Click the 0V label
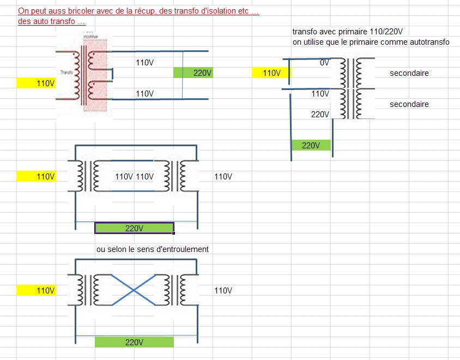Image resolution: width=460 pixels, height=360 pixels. (x=324, y=63)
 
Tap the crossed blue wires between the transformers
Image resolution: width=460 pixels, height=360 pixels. (x=134, y=286)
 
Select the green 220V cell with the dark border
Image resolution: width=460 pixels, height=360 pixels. (x=134, y=228)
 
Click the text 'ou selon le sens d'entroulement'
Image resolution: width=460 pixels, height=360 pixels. (x=153, y=249)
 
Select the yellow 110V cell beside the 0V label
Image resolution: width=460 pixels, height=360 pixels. (x=271, y=73)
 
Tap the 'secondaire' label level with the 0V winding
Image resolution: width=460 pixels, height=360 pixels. (x=409, y=73)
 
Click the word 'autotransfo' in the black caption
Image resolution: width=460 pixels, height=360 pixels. (x=429, y=42)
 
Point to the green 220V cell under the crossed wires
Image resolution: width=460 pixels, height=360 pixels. (x=134, y=343)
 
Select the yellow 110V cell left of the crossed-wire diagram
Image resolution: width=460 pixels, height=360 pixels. (x=37, y=291)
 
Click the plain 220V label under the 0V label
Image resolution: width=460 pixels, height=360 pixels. (x=320, y=115)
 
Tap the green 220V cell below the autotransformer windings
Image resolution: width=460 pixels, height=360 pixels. (x=311, y=146)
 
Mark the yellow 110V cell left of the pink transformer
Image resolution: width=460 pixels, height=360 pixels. (x=37, y=83)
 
